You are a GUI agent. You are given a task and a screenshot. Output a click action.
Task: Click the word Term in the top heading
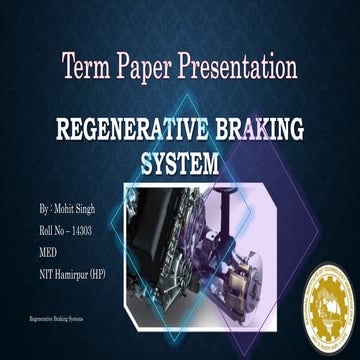point(86,69)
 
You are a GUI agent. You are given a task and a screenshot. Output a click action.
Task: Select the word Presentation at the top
point(237,69)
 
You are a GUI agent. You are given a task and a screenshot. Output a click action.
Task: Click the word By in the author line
point(44,209)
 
